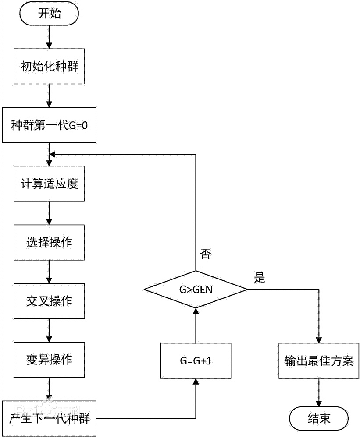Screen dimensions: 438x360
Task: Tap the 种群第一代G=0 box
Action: pos(49,125)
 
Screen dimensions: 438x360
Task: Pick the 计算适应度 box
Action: pos(49,184)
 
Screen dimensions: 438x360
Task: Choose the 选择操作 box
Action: pos(49,242)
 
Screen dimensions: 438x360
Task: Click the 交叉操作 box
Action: pos(49,301)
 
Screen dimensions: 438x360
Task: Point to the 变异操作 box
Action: pos(49,360)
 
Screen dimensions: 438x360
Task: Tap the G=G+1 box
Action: pos(196,361)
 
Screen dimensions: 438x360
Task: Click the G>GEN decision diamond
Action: pos(196,289)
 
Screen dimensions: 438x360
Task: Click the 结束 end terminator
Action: pos(319,418)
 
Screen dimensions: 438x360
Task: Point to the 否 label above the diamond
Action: pos(205,255)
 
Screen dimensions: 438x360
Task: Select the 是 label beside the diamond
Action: pos(260,277)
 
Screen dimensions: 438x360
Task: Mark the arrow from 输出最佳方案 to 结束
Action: pos(319,393)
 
